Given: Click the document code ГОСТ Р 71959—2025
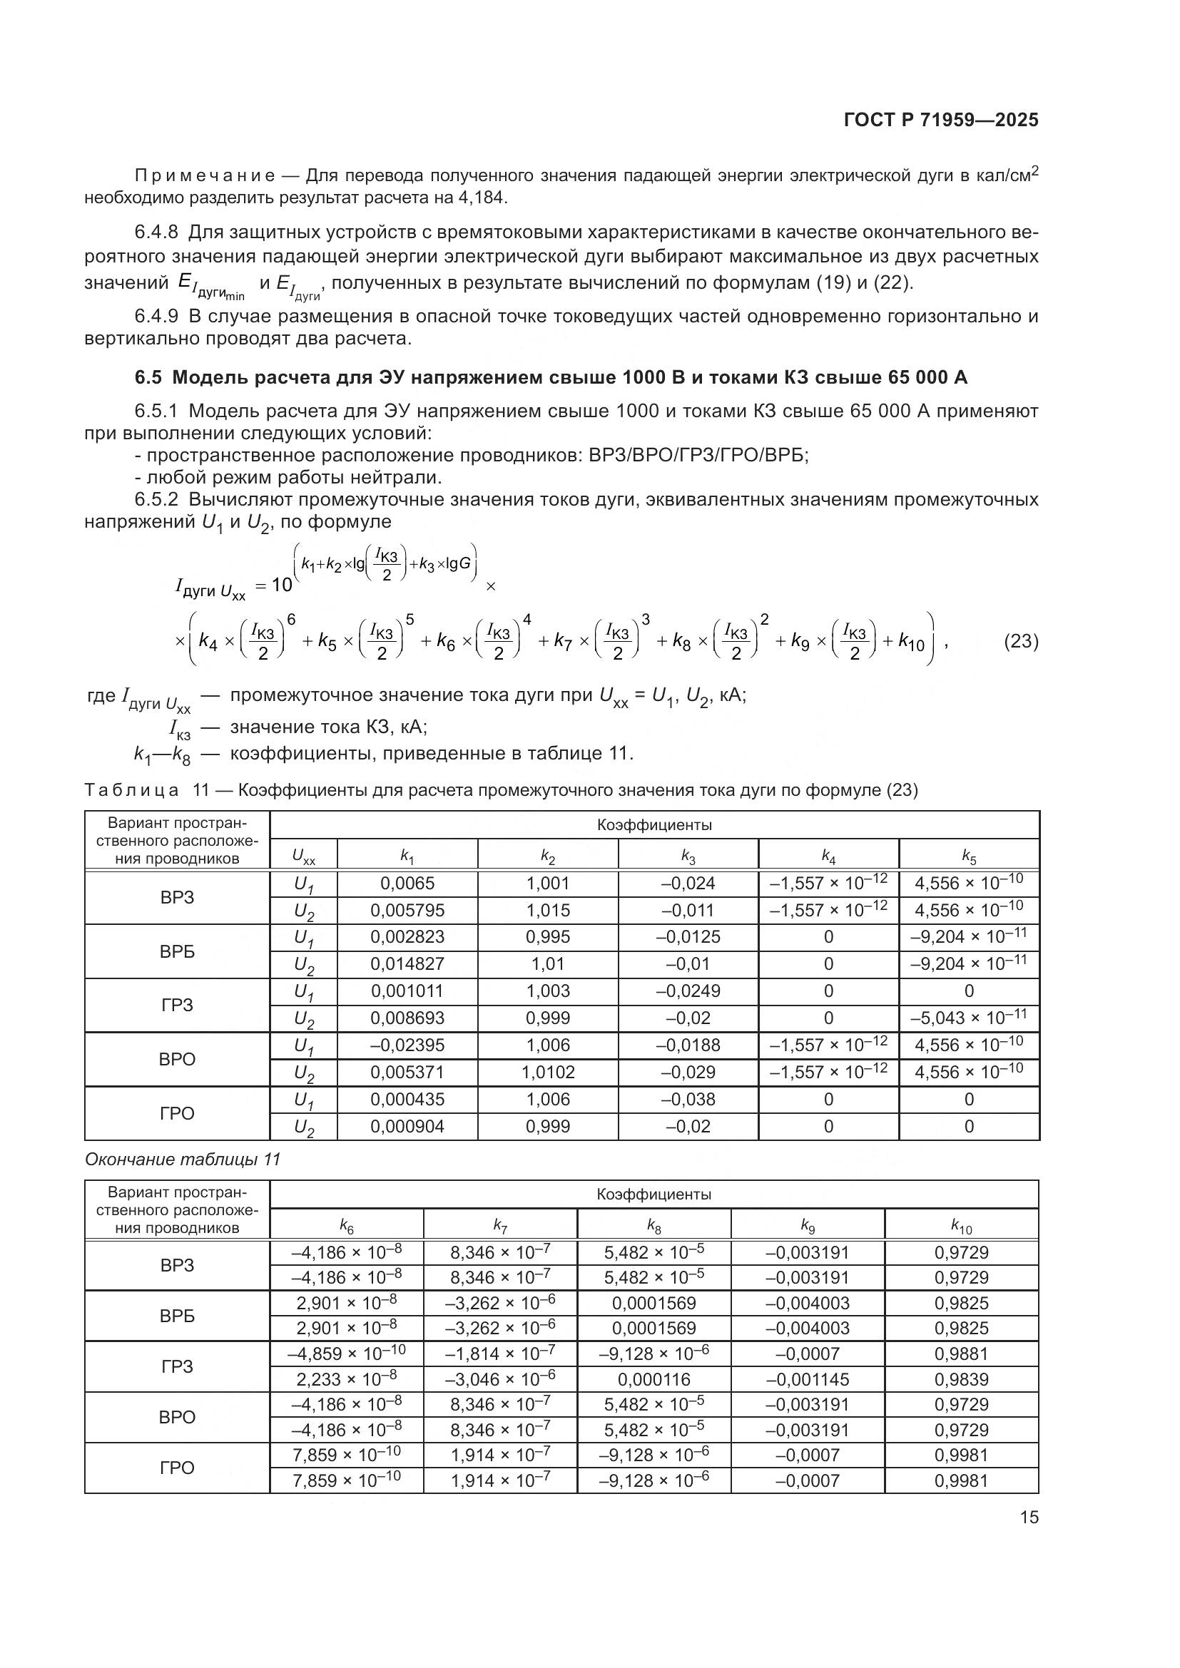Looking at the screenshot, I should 941,121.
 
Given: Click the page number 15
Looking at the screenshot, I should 1029,1517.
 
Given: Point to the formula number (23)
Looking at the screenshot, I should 1021,642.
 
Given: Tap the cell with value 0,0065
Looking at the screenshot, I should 407,884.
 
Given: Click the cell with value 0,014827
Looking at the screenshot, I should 407,964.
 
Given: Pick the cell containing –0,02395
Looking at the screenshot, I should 407,1045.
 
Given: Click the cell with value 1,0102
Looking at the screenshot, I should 548,1073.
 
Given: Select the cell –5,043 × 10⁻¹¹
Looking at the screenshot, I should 969,1018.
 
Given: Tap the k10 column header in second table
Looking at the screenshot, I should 961,1227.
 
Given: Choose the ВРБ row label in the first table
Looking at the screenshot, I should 178,951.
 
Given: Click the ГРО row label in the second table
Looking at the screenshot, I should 178,1468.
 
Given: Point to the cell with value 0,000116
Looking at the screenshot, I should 654,1380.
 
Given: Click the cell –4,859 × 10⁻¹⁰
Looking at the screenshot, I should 347,1354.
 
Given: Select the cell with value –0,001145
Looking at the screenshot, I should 808,1380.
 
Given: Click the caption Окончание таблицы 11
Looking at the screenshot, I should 183,1160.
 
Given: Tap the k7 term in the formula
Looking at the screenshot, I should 563,643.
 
